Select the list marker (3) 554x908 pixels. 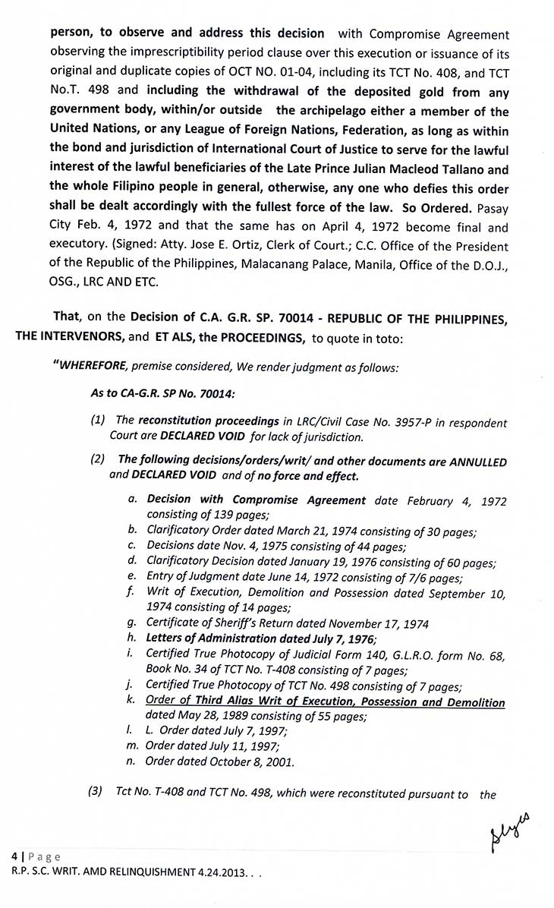(97, 794)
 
